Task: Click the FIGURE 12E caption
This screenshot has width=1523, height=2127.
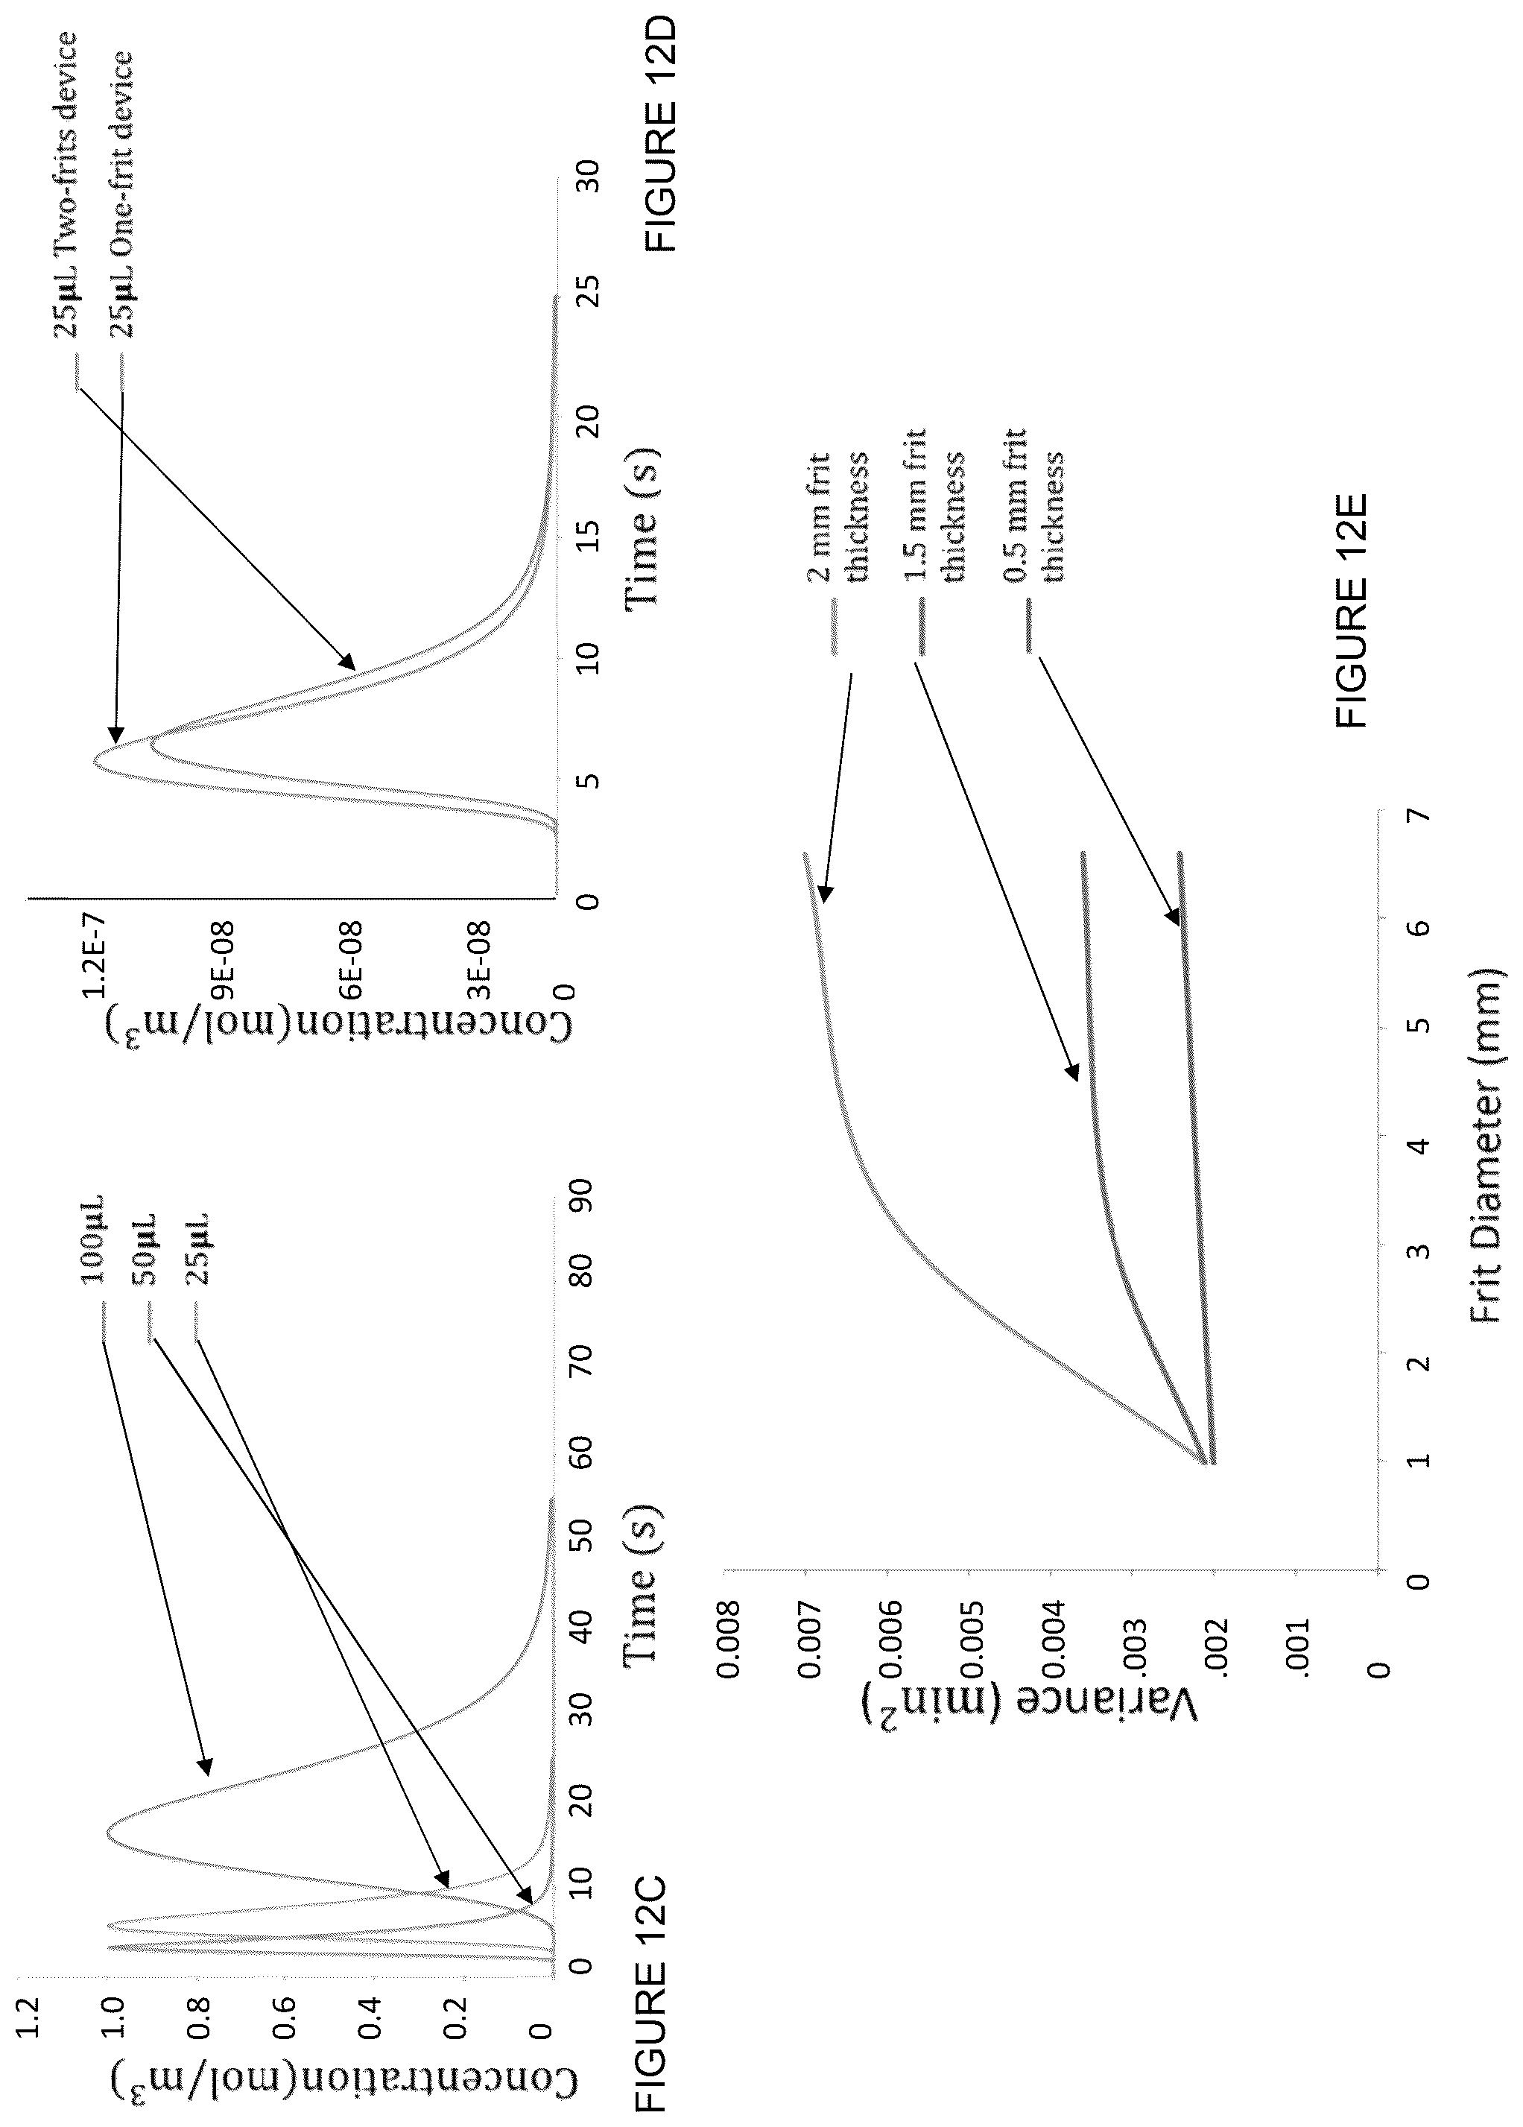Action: (x=1353, y=610)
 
